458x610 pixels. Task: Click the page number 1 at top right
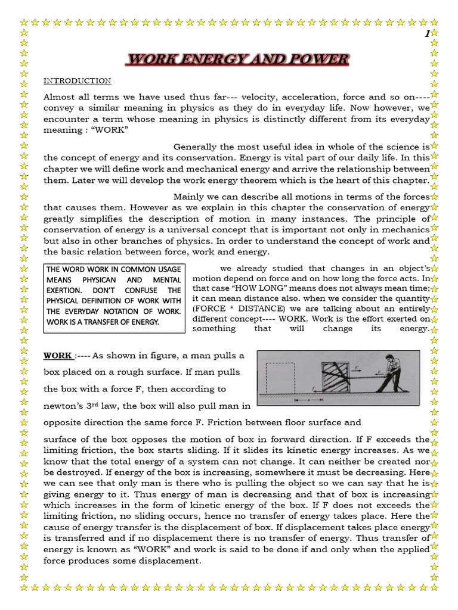[x=426, y=35]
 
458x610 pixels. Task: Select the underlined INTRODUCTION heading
[x=78, y=81]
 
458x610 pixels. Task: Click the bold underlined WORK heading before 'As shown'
[x=58, y=356]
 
